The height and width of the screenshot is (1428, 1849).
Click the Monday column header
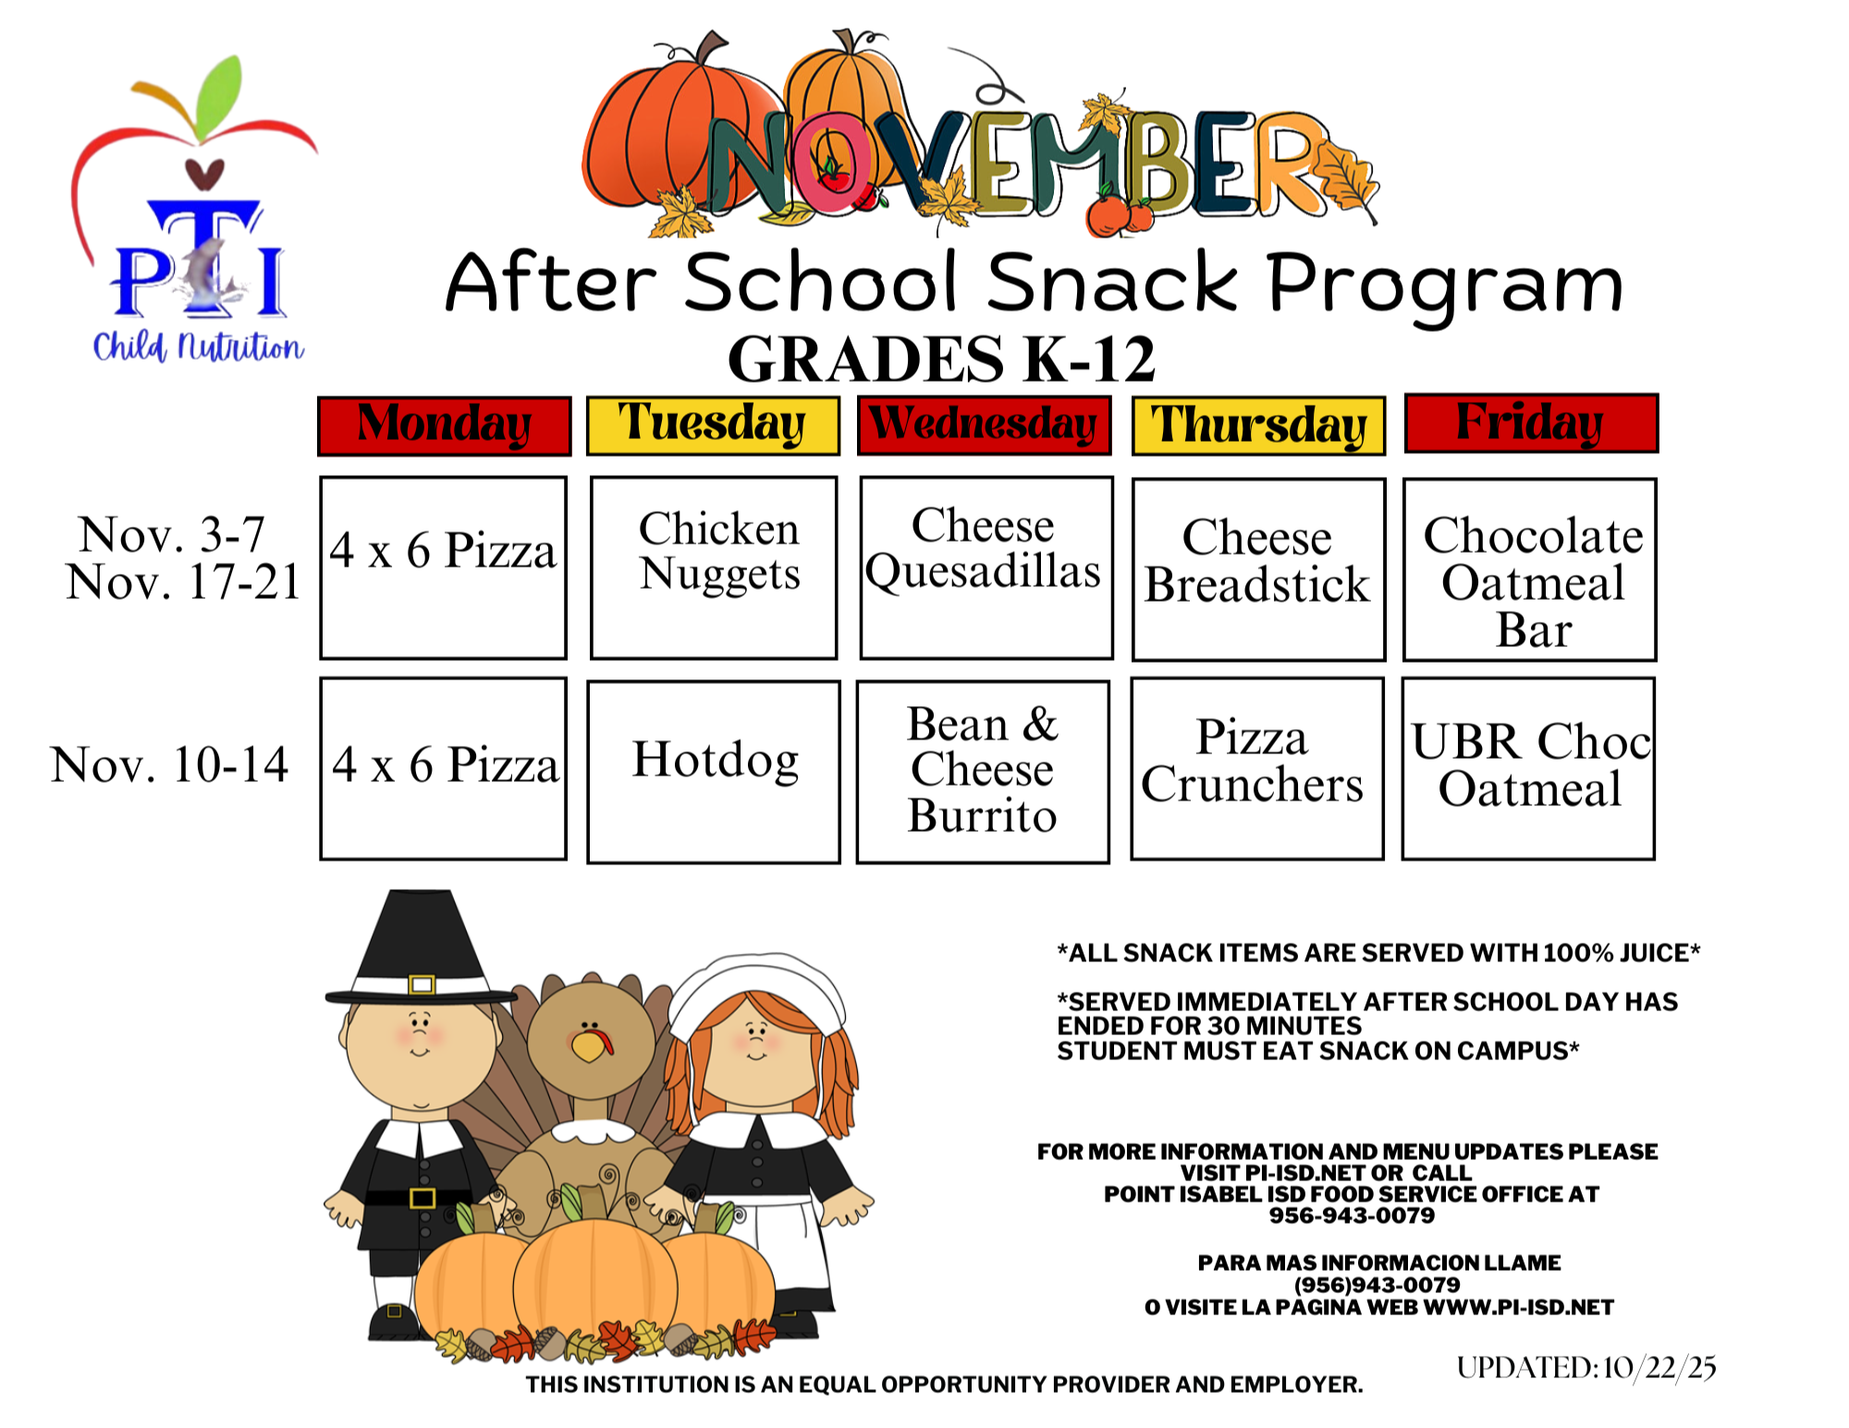click(444, 425)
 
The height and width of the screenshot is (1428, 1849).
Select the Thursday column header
click(1258, 426)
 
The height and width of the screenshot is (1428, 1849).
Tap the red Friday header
click(1531, 423)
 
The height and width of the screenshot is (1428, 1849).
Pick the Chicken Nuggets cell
click(714, 568)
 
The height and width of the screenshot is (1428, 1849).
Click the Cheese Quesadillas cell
click(986, 568)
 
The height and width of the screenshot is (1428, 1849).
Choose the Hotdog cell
click(714, 771)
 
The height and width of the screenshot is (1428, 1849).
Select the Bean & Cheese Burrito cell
click(983, 771)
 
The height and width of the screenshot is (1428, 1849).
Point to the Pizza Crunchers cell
click(1256, 768)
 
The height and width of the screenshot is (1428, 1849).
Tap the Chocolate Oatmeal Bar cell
click(1530, 569)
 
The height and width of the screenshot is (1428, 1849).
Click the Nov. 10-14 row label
click(170, 765)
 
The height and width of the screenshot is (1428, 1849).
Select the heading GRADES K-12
click(941, 359)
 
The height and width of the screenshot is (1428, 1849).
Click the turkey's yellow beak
click(588, 1046)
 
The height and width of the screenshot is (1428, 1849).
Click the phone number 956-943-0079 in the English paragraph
click(1352, 1215)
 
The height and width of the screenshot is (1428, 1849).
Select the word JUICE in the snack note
click(1653, 953)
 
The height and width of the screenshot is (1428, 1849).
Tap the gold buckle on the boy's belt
click(422, 1199)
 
